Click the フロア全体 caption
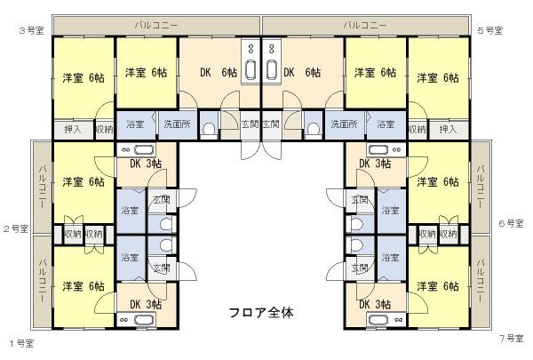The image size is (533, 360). pos(261,313)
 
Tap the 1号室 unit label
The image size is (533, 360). pos(22,342)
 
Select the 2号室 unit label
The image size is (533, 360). pos(16,229)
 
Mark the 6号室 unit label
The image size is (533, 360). pos(513,224)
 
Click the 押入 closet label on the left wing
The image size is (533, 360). pos(73,130)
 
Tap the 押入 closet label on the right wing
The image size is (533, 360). pos(448,130)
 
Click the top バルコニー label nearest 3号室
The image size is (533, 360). pos(155,24)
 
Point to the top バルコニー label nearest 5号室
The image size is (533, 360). pos(364,24)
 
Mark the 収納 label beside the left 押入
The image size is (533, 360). pos(104,130)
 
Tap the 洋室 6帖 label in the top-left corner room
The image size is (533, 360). pos(83,78)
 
